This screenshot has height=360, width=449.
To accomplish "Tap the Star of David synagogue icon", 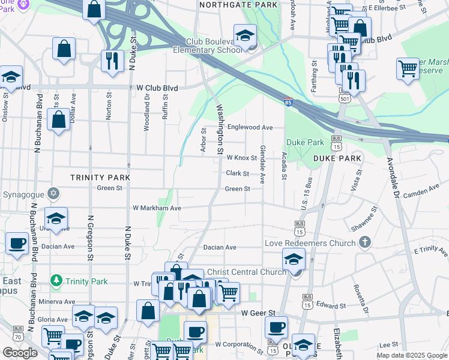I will (54, 193).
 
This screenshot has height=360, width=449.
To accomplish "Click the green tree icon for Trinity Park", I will (56, 281).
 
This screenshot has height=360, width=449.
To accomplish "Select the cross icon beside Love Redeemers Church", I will (363, 242).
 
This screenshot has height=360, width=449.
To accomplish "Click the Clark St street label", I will (238, 173).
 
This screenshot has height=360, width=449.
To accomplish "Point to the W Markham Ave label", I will (157, 208).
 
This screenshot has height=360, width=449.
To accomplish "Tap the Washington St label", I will (220, 126).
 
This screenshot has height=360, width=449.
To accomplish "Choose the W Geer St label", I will (258, 313).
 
